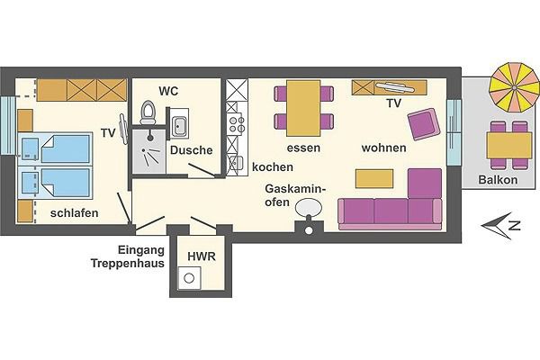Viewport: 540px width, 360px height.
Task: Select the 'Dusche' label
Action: tap(191, 151)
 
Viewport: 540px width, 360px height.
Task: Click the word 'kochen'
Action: tap(272, 166)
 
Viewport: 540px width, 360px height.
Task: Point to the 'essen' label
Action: tap(304, 148)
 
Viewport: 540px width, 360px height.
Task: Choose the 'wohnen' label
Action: tap(383, 148)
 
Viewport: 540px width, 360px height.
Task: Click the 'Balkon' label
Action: tap(498, 179)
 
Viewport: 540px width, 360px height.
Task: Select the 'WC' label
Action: tap(168, 92)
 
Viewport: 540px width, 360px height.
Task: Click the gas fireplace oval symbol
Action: tap(309, 209)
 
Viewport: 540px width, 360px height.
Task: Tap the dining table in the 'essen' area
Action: tap(303, 105)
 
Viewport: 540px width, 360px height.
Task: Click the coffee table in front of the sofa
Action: tap(376, 178)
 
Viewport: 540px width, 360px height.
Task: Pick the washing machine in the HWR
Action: tap(189, 279)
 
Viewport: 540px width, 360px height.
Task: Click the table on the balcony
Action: tap(507, 144)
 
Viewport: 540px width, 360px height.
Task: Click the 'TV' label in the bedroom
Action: tap(108, 133)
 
